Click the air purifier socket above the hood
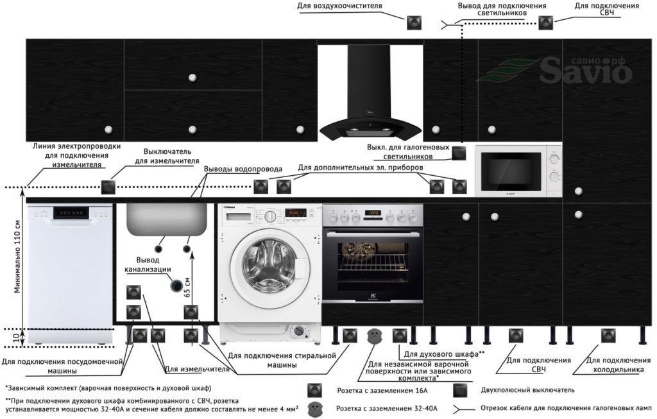click(414, 22)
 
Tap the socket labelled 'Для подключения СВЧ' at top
click(545, 22)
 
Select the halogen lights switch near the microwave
click(459, 153)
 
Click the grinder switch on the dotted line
click(108, 187)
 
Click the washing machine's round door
click(265, 261)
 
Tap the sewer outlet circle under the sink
click(176, 285)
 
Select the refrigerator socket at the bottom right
click(608, 336)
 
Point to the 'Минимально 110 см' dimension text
click(17, 256)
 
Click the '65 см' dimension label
click(187, 287)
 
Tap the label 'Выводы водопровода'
click(243, 169)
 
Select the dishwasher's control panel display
click(72, 213)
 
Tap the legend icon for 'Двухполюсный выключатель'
click(460, 390)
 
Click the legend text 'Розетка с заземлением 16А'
click(382, 391)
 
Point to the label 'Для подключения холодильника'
click(618, 365)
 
